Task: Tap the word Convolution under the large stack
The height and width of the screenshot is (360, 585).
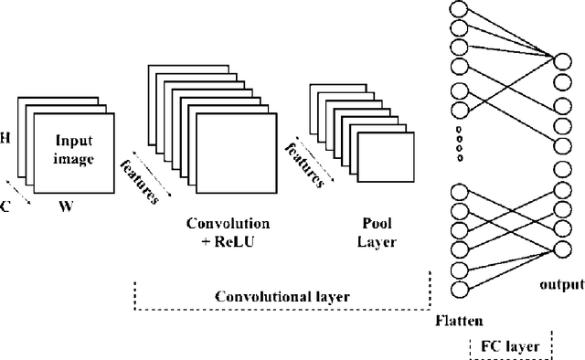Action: point(228,223)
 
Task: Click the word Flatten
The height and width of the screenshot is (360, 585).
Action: point(459,321)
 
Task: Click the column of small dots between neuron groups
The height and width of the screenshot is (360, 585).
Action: point(458,145)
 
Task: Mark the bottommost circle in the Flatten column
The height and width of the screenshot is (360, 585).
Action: point(458,291)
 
